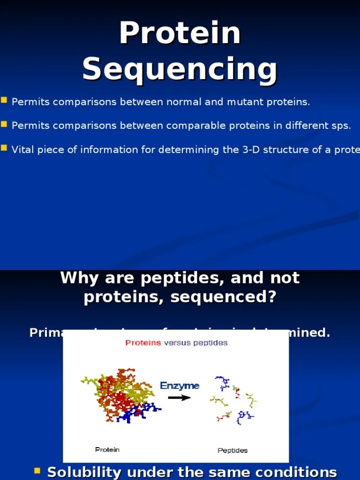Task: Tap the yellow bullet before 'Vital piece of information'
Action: coord(4,148)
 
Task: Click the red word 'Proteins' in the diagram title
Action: coord(143,343)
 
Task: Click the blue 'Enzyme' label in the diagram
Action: coord(180,386)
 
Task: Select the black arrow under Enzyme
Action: coord(180,397)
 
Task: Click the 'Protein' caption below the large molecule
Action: coord(107,450)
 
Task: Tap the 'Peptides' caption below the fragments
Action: coord(232,450)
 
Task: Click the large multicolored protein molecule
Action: coord(117,394)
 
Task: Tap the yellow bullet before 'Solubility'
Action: coord(38,471)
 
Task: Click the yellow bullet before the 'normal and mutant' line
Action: coord(4,100)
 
